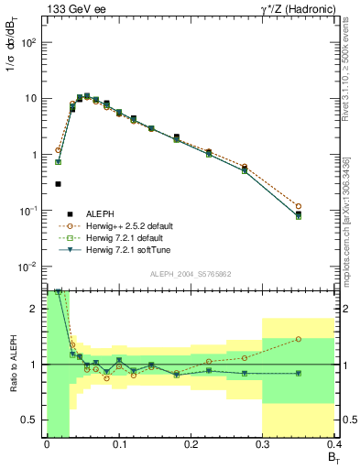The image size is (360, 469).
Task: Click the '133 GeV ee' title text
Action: click(x=72, y=9)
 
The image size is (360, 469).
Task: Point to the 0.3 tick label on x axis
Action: click(x=262, y=444)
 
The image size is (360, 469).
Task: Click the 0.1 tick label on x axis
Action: click(x=118, y=444)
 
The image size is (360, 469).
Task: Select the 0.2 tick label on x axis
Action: click(x=190, y=444)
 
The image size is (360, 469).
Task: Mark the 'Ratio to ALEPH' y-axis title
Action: click(x=13, y=365)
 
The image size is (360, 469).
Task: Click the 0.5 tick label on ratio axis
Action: click(x=29, y=420)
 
